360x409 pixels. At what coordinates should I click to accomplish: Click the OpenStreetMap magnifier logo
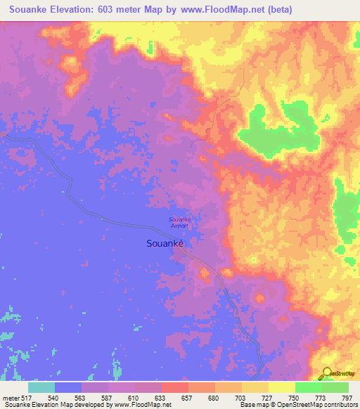(328, 374)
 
